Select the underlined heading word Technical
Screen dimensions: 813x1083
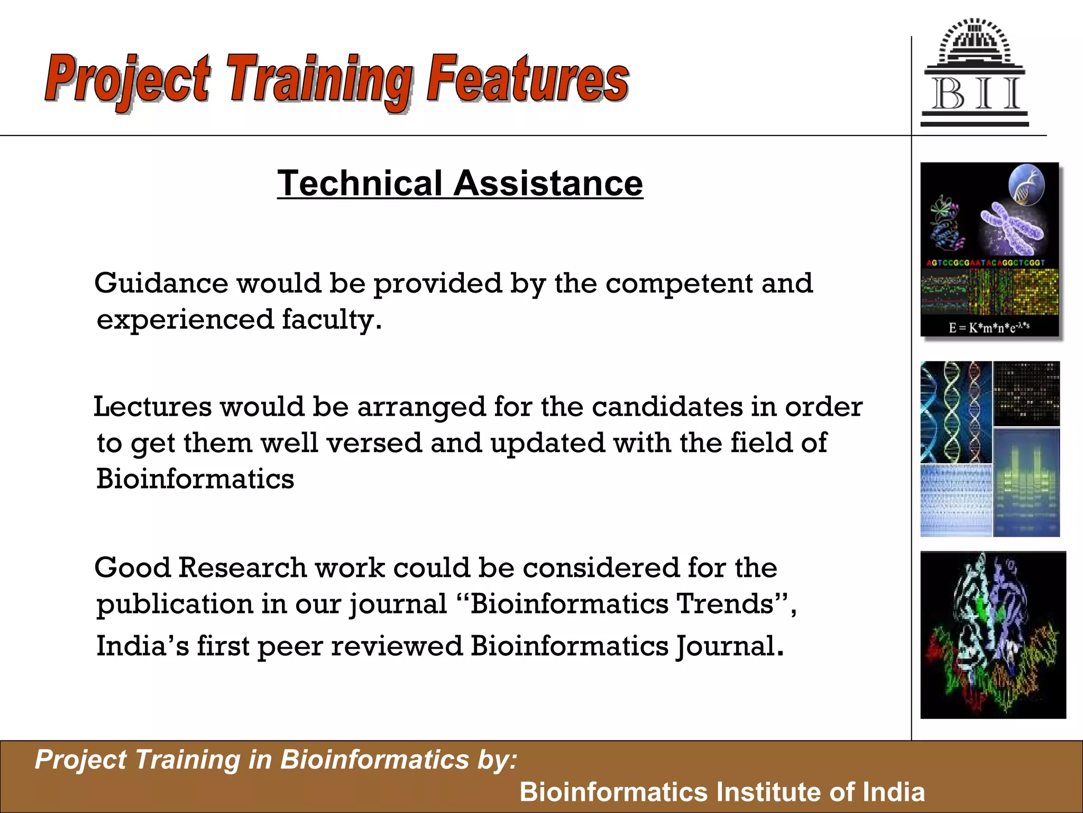tap(360, 183)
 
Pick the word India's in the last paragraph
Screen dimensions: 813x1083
tap(142, 646)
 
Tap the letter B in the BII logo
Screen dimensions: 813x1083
tap(948, 94)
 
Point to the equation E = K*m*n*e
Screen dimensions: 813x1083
tap(988, 327)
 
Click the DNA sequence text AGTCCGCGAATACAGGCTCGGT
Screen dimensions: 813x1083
tap(986, 263)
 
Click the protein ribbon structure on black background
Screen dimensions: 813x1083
tap(993, 635)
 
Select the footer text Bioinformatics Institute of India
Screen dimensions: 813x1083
tap(722, 792)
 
